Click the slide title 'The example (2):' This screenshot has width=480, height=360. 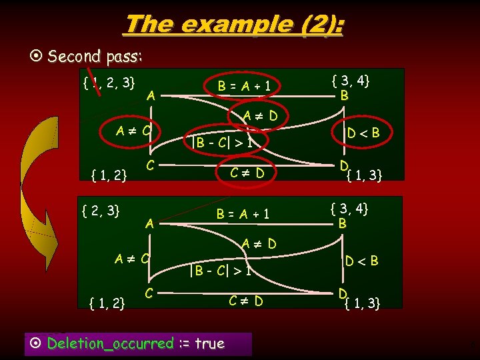click(234, 25)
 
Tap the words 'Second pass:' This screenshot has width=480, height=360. click(95, 56)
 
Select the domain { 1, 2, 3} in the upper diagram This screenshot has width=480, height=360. click(109, 83)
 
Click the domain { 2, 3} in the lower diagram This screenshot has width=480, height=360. click(100, 211)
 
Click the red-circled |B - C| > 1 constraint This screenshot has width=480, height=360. click(221, 141)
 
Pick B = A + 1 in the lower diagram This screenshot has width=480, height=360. click(243, 214)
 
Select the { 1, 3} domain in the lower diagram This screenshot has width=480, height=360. click(363, 304)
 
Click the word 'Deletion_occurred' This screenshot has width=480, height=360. click(110, 343)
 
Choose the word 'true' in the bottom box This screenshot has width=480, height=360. click(209, 343)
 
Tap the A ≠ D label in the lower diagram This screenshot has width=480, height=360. click(259, 244)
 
